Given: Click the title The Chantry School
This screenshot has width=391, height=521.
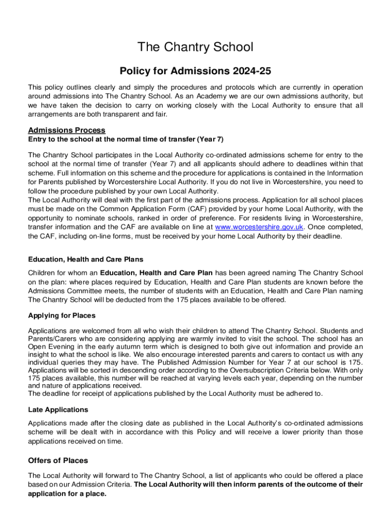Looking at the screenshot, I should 195,47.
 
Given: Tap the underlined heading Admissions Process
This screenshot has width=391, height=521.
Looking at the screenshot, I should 67,130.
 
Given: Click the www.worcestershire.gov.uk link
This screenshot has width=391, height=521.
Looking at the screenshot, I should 252,227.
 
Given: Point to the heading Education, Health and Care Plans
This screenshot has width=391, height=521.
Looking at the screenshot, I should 85,259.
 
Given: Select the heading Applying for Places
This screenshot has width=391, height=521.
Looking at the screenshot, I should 61,315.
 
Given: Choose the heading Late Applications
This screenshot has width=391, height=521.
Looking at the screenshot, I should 58,410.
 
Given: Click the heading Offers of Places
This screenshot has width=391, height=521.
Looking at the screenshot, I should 58,460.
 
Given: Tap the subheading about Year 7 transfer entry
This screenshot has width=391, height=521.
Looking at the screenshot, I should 126,139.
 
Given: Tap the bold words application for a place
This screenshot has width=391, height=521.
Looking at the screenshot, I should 67,494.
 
